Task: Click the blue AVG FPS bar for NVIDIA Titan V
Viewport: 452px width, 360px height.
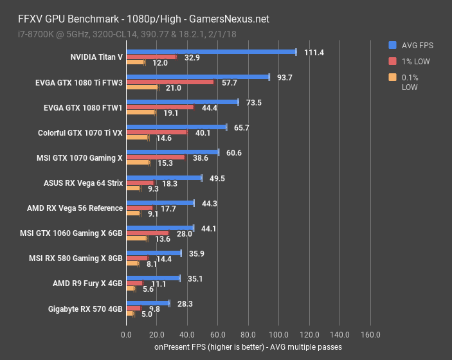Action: [x=211, y=51]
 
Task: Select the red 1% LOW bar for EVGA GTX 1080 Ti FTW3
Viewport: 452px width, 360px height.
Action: [x=170, y=82]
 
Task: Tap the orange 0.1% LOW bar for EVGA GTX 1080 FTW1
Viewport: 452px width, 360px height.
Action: [x=141, y=113]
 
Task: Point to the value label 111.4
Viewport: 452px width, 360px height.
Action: [x=313, y=52]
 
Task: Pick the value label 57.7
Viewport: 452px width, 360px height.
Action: [x=230, y=83]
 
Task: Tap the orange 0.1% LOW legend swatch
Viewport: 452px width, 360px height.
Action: [x=392, y=78]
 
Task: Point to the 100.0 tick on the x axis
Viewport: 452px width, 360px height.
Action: [x=279, y=335]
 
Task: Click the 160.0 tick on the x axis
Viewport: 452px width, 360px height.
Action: [x=370, y=335]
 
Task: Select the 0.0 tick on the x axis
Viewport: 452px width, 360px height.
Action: [x=127, y=335]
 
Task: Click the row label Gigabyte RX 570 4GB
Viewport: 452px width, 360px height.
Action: [x=85, y=309]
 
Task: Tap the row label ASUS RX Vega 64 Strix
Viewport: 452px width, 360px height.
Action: [x=82, y=183]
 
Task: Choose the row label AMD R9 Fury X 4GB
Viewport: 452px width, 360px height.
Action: [x=87, y=283]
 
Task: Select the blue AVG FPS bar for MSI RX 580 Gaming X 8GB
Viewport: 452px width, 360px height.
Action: [x=154, y=253]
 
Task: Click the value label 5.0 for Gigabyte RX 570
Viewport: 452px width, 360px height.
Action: [x=147, y=314]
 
